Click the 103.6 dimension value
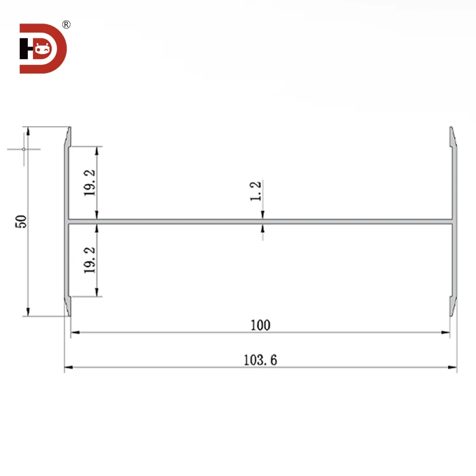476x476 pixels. tap(260, 360)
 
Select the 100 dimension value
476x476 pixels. tap(260, 326)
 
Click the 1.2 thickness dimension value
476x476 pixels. tap(256, 191)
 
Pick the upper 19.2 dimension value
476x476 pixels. tap(89, 184)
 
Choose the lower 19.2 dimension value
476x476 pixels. tap(89, 260)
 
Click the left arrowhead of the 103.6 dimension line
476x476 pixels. tap(68, 367)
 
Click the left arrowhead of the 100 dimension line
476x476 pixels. tap(74, 332)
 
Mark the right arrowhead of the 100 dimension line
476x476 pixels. tap(446, 332)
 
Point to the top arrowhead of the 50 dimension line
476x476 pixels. tap(27, 131)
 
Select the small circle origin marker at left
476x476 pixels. tap(23, 149)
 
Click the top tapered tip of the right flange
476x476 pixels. tap(452, 129)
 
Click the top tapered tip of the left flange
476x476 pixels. tap(69, 129)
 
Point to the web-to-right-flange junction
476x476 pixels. tap(451, 222)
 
